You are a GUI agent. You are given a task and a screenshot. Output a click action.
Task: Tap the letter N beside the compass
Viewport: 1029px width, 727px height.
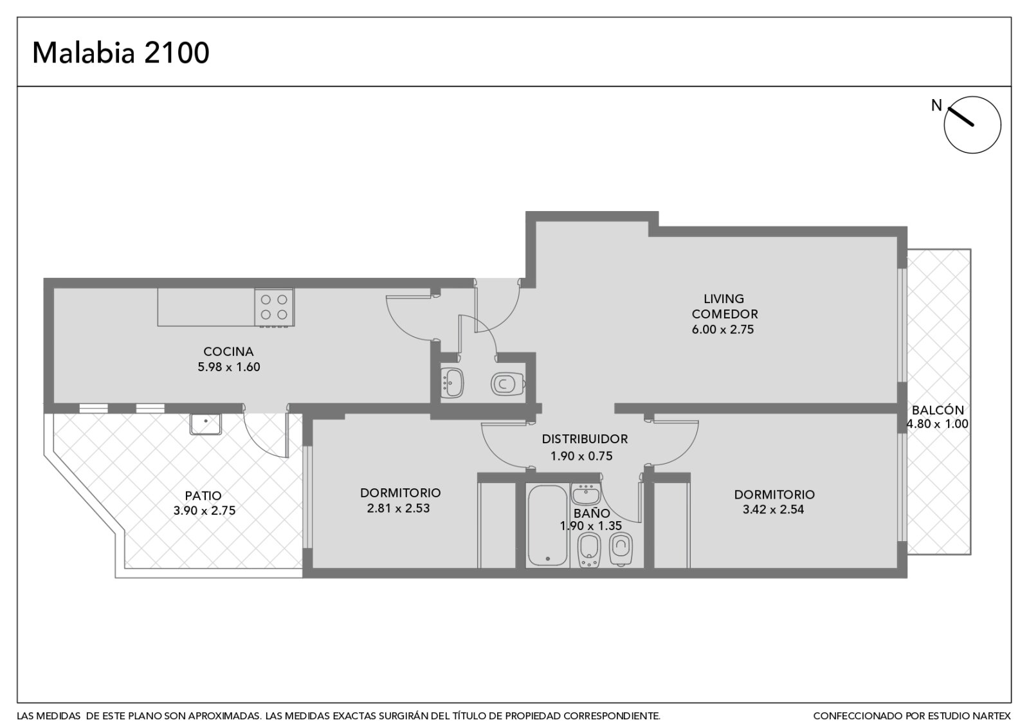click(x=936, y=106)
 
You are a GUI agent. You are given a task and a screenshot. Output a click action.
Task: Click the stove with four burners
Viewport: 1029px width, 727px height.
click(x=274, y=308)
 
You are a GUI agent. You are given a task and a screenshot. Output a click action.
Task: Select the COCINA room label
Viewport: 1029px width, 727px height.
click(x=228, y=351)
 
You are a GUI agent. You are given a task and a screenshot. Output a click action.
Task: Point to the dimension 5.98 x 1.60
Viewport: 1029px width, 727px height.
click(x=229, y=367)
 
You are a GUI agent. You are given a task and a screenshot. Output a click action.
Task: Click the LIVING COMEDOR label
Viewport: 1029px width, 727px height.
click(x=724, y=306)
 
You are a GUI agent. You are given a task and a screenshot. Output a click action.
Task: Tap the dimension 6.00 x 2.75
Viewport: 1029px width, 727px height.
click(x=723, y=329)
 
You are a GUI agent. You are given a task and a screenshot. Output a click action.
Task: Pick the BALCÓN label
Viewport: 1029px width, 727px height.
click(x=938, y=410)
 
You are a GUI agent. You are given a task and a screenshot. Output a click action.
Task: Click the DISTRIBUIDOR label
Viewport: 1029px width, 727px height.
click(x=585, y=439)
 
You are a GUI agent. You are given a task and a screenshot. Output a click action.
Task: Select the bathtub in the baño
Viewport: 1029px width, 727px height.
click(x=547, y=525)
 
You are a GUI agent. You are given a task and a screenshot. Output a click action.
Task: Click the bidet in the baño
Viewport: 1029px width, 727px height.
click(x=588, y=550)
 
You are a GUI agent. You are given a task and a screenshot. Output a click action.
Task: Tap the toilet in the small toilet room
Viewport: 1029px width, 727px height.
click(x=507, y=383)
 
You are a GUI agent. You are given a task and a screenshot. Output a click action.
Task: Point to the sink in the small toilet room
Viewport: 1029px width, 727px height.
click(x=451, y=383)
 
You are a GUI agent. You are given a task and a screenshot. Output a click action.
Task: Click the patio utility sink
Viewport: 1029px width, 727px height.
click(x=206, y=424)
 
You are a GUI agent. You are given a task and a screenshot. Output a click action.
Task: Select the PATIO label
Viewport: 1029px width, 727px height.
click(x=203, y=496)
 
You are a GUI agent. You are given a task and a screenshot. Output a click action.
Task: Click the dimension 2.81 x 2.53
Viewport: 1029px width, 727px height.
click(x=398, y=509)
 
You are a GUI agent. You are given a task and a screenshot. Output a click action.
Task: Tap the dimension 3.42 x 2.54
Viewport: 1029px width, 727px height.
click(x=773, y=510)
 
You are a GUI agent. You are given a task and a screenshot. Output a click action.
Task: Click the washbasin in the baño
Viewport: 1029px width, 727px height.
click(x=586, y=495)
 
